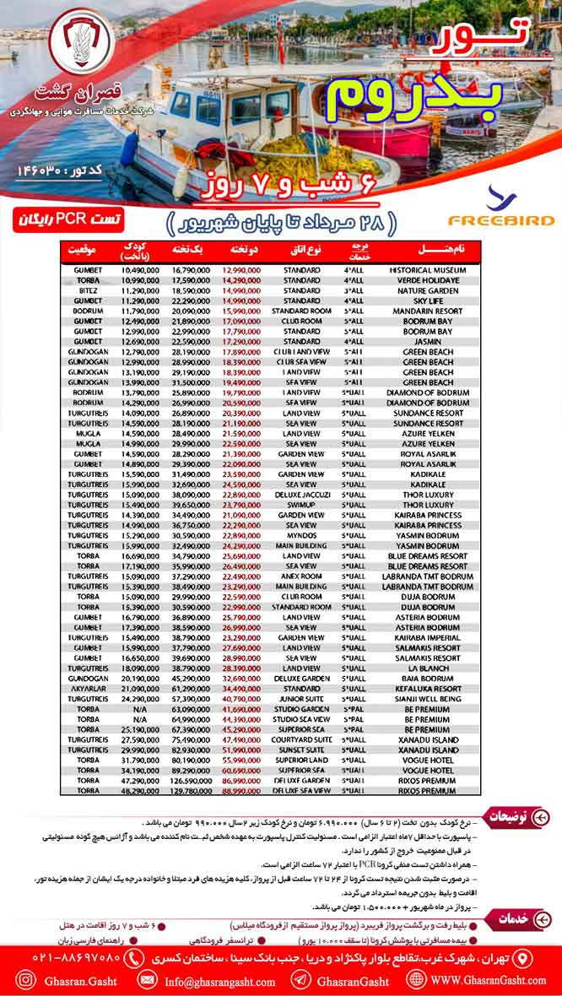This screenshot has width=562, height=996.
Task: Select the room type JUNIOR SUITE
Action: [x=301, y=700]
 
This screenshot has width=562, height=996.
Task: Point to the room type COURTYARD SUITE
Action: [x=301, y=740]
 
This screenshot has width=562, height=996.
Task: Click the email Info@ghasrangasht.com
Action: [x=221, y=982]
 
